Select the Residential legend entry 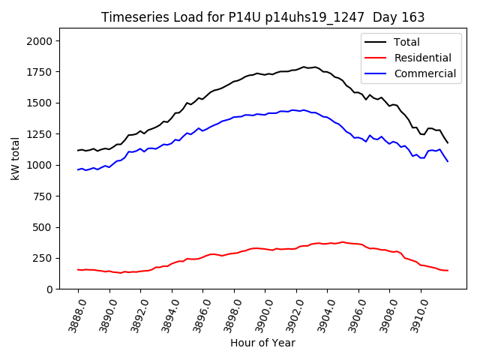click(424, 58)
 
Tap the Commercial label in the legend click(426, 73)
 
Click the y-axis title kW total click(15, 158)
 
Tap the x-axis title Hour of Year click(262, 343)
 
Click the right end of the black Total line click(448, 142)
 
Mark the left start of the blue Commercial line click(78, 169)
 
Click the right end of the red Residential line click(448, 270)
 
